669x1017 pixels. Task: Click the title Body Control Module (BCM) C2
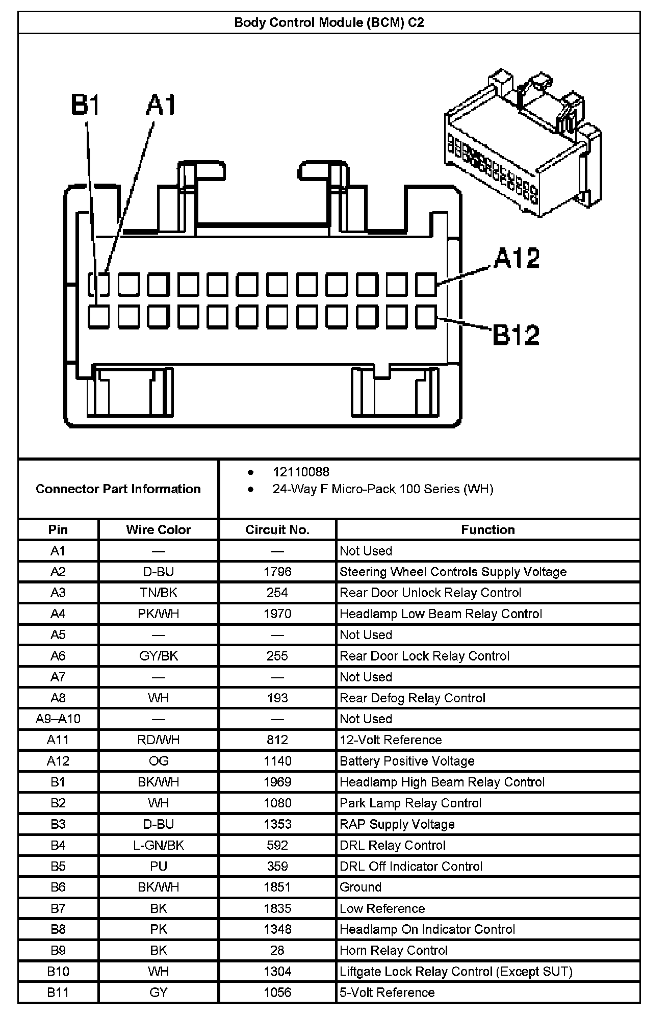[x=329, y=23]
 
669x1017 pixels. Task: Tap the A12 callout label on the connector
[x=517, y=259]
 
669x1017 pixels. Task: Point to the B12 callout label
[x=516, y=335]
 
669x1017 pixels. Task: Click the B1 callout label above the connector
[x=85, y=105]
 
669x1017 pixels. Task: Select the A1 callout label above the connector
[x=161, y=105]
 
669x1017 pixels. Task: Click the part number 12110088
[x=301, y=472]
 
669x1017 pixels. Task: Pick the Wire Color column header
[x=159, y=530]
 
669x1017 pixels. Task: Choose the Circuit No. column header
[x=277, y=530]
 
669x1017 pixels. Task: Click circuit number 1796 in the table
[x=277, y=572]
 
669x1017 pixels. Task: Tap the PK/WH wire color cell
[x=159, y=614]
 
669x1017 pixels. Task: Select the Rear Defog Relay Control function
[x=413, y=698]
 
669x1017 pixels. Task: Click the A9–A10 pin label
[x=58, y=719]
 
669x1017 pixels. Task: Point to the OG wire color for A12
[x=159, y=761]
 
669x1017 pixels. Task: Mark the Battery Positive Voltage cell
[x=407, y=761]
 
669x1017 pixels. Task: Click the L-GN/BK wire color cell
[x=159, y=845]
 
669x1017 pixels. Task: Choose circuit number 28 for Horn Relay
[x=277, y=950]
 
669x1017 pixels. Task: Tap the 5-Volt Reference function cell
[x=387, y=993]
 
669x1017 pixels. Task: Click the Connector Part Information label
[x=118, y=489]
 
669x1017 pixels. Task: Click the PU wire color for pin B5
[x=159, y=866]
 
